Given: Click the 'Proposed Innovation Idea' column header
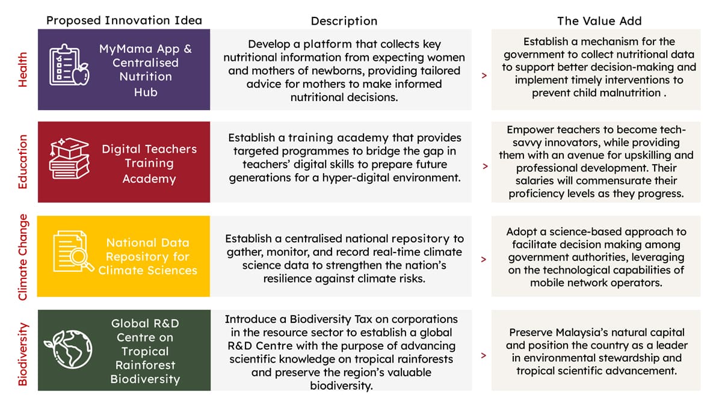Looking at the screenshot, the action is point(124,20).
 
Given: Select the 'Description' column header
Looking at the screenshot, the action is point(344,21).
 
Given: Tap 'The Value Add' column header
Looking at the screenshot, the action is point(599,21).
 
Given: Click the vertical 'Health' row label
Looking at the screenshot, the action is point(23,70).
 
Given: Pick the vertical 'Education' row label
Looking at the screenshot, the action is point(23,162).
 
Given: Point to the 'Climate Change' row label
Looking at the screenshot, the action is point(23,257).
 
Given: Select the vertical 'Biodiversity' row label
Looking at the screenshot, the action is point(23,354).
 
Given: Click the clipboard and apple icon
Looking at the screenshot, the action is point(69,65).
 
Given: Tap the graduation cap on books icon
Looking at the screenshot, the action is point(69,159).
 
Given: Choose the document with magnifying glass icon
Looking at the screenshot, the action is point(73,251).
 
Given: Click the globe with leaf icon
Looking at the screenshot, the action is point(69,349).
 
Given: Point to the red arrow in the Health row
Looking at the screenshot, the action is point(484,75).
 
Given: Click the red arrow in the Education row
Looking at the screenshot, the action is point(485,167).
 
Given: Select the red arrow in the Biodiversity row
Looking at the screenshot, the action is point(484,355).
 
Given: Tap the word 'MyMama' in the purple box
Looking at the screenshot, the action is point(126,49).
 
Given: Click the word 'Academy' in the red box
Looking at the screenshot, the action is point(149,179).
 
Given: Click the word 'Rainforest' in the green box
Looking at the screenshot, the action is point(146,365).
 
